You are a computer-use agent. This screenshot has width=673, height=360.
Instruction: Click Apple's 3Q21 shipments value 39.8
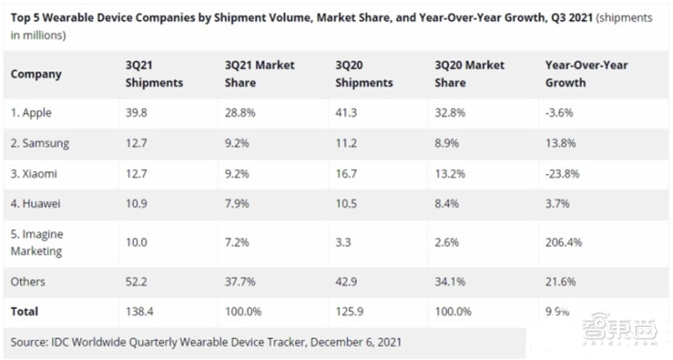coord(135,113)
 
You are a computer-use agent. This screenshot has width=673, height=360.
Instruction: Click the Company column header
coord(36,74)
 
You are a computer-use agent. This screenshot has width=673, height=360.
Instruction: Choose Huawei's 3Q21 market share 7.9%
coord(238,204)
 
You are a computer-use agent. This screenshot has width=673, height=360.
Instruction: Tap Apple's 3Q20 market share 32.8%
coord(453,113)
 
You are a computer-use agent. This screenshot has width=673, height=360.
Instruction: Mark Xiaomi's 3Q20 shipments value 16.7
coord(346,173)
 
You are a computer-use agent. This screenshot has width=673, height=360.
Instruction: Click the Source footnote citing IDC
coord(205,341)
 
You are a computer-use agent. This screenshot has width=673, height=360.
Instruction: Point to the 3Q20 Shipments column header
coord(363,74)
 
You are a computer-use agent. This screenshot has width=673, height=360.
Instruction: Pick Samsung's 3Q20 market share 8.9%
coord(449,143)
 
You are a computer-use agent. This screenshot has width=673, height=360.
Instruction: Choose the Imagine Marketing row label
coord(40,242)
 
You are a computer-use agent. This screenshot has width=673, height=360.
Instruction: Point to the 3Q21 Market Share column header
coord(260,74)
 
